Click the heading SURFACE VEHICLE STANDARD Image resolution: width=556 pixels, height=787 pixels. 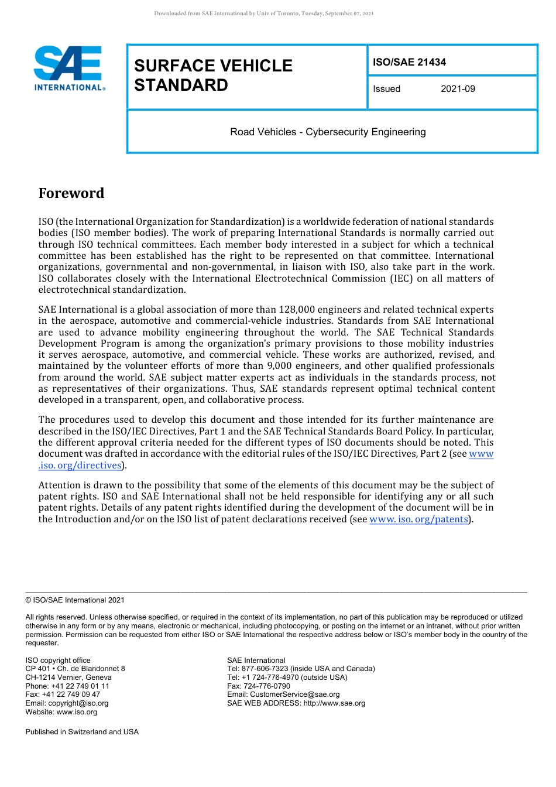tap(213, 75)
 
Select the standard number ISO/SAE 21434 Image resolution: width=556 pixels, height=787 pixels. tap(409, 62)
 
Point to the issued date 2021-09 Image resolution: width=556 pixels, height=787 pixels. tap(458, 89)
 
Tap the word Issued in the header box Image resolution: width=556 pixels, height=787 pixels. tap(386, 89)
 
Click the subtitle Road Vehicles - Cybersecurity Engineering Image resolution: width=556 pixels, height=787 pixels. tap(328, 132)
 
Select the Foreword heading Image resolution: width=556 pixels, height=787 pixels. tap(71, 193)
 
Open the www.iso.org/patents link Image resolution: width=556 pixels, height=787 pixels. tap(419, 519)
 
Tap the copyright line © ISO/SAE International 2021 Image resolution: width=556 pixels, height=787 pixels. tap(75, 600)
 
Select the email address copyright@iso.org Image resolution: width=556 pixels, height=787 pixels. tap(78, 703)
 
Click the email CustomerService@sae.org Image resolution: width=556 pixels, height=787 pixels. tap(294, 694)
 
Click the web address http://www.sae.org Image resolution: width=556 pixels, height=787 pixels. tap(334, 703)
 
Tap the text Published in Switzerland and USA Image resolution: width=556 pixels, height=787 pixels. tap(82, 732)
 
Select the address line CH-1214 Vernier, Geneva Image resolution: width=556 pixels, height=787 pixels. tap(68, 677)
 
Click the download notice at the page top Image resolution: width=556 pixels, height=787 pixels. tap(263, 13)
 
